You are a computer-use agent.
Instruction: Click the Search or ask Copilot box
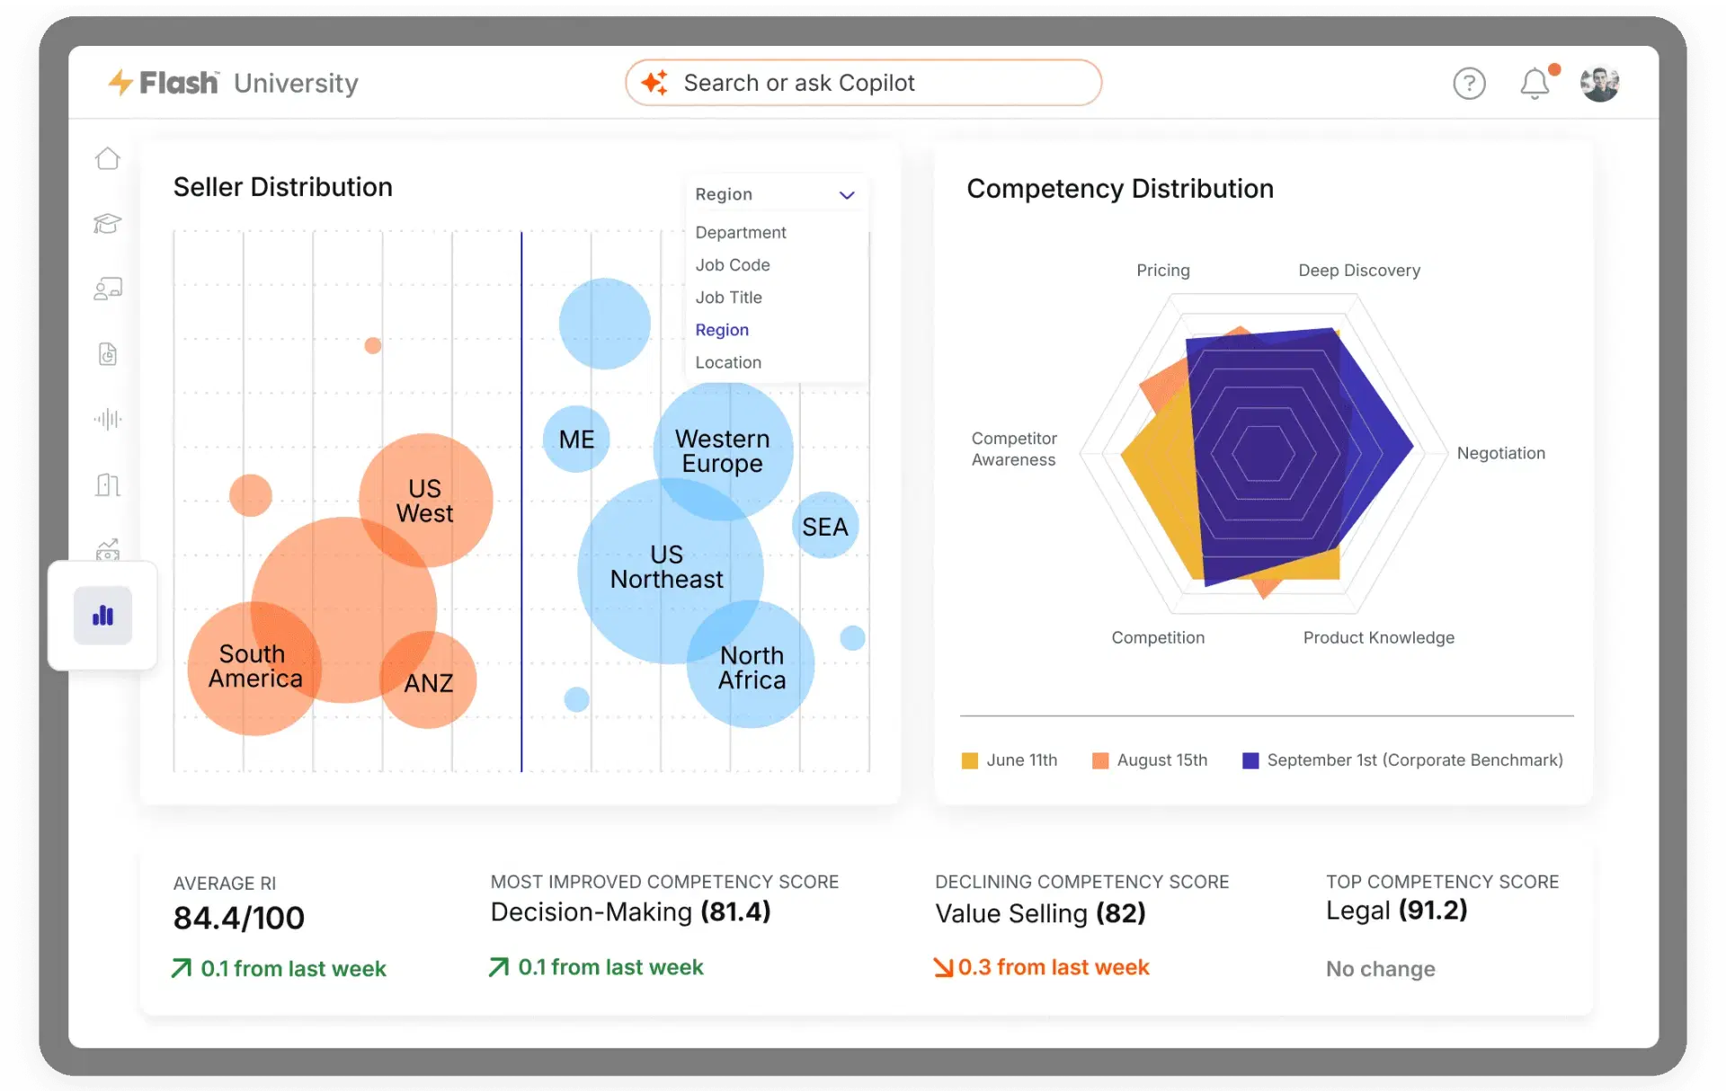(x=863, y=83)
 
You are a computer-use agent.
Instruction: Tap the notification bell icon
(x=1535, y=84)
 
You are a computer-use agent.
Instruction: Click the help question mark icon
(x=1469, y=84)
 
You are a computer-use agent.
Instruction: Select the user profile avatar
(x=1600, y=84)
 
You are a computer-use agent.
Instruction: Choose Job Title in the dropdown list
(x=728, y=297)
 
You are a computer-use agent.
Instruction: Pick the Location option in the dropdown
(x=728, y=362)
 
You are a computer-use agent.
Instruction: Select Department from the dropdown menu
(x=741, y=232)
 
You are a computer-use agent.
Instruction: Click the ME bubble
(x=576, y=439)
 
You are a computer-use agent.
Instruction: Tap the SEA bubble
(x=825, y=526)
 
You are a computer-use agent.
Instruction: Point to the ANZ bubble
(x=428, y=680)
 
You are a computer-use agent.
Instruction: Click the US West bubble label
(x=424, y=501)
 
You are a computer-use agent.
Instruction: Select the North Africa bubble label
(x=752, y=668)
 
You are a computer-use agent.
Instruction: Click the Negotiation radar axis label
(x=1501, y=453)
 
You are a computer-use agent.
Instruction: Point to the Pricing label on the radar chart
(x=1163, y=271)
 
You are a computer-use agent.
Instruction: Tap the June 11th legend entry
(x=1009, y=760)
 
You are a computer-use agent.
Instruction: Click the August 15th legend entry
(x=1150, y=760)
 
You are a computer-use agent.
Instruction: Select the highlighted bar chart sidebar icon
(x=103, y=616)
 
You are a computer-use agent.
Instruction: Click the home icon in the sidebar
(x=108, y=158)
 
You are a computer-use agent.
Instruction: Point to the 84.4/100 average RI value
(x=239, y=918)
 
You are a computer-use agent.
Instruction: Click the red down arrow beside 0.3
(x=943, y=967)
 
